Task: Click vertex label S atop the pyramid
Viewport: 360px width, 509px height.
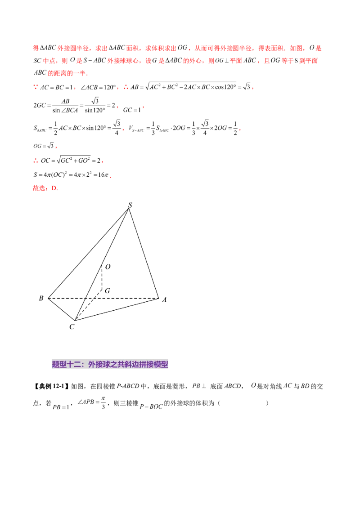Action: pyautogui.click(x=130, y=205)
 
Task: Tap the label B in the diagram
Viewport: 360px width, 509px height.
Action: pyautogui.click(x=41, y=298)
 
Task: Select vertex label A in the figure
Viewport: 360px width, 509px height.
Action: pyautogui.click(x=164, y=299)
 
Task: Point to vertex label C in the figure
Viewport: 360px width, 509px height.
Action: pyautogui.click(x=72, y=326)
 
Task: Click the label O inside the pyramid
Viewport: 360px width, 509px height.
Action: pyautogui.click(x=108, y=267)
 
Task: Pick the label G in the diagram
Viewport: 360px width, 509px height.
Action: pyautogui.click(x=108, y=290)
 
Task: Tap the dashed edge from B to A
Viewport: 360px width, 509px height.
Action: pyautogui.click(x=103, y=298)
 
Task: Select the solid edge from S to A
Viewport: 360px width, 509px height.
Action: pyautogui.click(x=144, y=253)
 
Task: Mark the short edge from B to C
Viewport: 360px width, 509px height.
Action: pyautogui.click(x=61, y=309)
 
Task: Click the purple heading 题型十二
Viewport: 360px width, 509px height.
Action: pyautogui.click(x=110, y=364)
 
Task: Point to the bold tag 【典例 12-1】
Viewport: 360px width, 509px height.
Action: pyautogui.click(x=51, y=386)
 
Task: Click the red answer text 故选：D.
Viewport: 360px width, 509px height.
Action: pyautogui.click(x=45, y=188)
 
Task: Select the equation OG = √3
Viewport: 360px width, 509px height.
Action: pyautogui.click(x=44, y=146)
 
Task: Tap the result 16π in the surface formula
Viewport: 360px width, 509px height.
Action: pyautogui.click(x=103, y=174)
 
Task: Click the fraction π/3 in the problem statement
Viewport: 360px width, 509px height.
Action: pyautogui.click(x=103, y=402)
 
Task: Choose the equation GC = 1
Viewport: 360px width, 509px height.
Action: pyautogui.click(x=132, y=110)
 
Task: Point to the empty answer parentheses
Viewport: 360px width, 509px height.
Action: pyautogui.click(x=243, y=403)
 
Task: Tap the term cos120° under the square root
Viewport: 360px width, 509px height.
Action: pyautogui.click(x=225, y=87)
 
